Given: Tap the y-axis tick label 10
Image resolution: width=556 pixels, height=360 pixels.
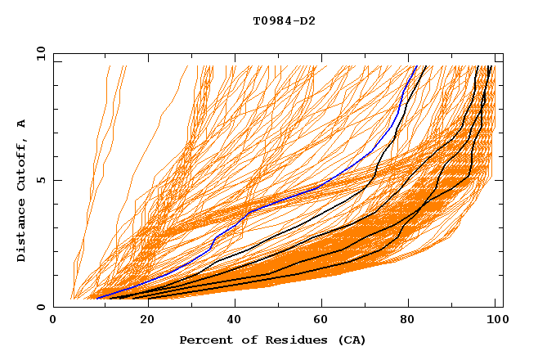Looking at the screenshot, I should (39, 54).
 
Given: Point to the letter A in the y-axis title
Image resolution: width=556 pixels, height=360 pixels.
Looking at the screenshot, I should (22, 123).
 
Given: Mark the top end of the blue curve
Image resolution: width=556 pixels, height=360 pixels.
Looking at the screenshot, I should (416, 66).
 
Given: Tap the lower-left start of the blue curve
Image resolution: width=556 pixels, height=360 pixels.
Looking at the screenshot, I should (96, 298).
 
